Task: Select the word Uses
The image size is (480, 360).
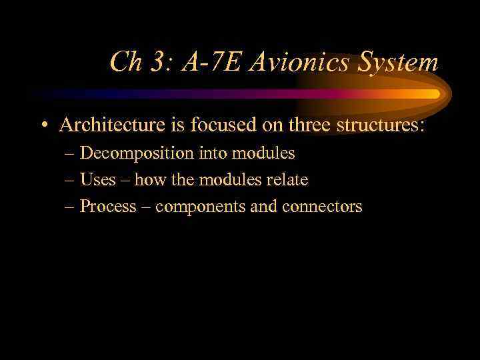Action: point(97,180)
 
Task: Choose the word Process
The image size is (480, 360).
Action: point(107,207)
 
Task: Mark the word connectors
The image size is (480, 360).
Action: point(322,207)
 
